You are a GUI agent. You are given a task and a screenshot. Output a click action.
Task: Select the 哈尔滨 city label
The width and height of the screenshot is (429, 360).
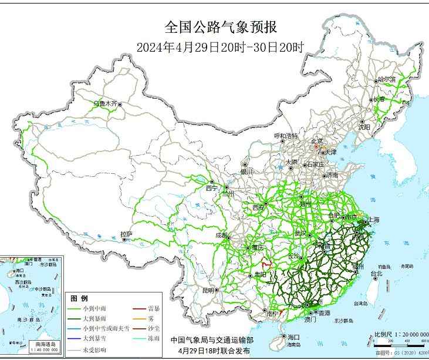coord(387,79)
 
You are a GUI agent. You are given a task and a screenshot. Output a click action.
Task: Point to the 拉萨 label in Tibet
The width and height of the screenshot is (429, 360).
coord(126,234)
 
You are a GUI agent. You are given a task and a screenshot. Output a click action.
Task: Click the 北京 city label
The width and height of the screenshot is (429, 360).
coord(316,141)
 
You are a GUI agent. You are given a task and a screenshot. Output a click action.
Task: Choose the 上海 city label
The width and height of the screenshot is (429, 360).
coord(373,220)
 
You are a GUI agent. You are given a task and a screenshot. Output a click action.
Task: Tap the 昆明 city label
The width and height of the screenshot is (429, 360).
coord(208,290)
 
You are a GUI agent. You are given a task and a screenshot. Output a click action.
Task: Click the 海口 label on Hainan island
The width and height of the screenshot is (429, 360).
coord(293,337)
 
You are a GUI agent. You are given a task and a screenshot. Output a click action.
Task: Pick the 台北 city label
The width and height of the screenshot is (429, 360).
coord(376,274)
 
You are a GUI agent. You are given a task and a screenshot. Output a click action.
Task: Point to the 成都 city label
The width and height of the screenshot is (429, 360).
coord(222,235)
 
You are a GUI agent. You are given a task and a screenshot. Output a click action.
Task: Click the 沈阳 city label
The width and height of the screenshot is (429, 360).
coord(364,127)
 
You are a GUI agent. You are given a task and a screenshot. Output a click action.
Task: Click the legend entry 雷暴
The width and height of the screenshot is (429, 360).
coord(154,308)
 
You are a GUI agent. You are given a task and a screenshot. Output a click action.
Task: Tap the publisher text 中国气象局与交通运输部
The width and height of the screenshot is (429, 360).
coord(212,340)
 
